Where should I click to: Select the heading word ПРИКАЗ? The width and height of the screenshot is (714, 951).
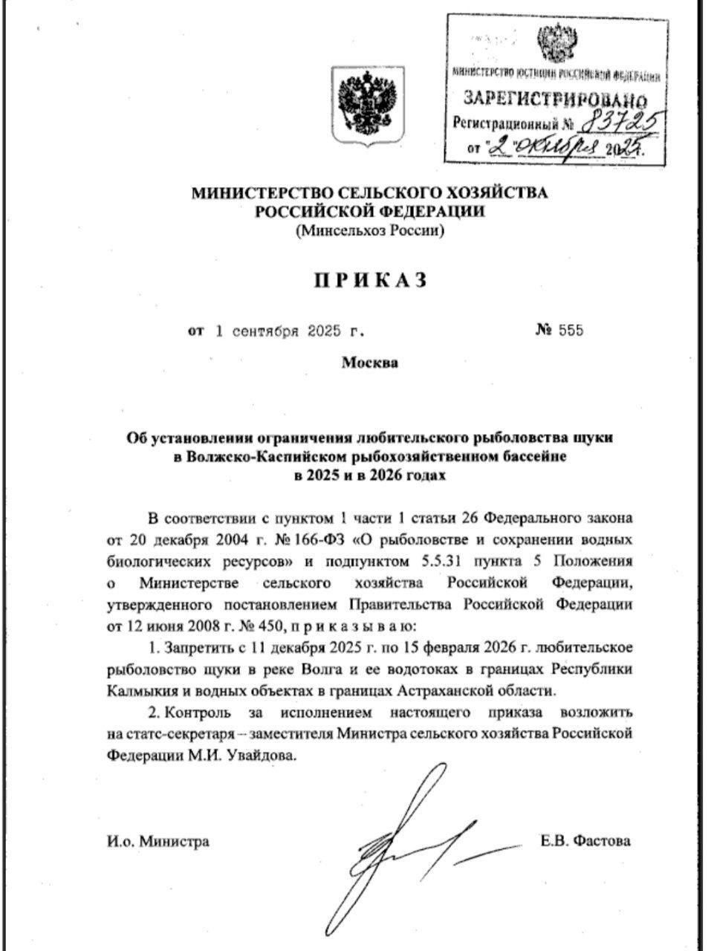point(369,280)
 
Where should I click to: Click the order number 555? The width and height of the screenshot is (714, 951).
point(571,331)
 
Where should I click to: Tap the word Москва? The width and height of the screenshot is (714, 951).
point(369,363)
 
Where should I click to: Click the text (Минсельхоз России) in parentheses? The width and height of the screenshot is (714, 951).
point(369,231)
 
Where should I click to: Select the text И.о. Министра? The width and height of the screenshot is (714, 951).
point(158,842)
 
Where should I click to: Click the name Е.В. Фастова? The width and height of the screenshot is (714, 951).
point(586,841)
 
